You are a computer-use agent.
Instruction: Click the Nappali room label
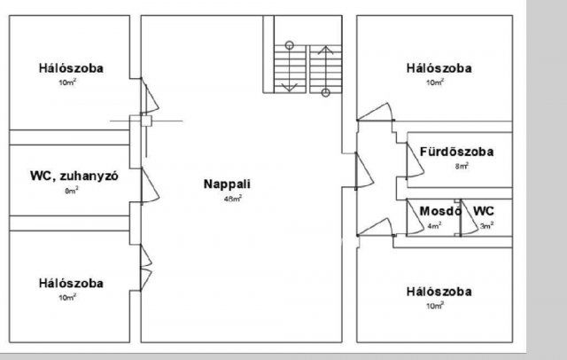click(x=227, y=184)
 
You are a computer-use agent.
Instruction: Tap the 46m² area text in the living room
click(x=233, y=199)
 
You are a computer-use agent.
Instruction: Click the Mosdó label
click(x=439, y=212)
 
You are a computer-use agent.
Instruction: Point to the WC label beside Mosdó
click(x=483, y=211)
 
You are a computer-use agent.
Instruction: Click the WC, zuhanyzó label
click(x=69, y=176)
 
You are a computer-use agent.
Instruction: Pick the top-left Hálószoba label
click(x=71, y=68)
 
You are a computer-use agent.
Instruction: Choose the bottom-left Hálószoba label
click(x=71, y=284)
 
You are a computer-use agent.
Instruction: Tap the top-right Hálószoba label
click(x=439, y=68)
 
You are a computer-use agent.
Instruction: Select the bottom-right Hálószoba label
click(x=439, y=292)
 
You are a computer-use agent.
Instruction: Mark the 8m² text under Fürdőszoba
click(x=462, y=166)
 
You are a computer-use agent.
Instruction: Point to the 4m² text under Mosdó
click(x=433, y=225)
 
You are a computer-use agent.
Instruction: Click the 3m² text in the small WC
click(x=485, y=225)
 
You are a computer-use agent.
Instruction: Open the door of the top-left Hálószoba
click(x=147, y=90)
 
